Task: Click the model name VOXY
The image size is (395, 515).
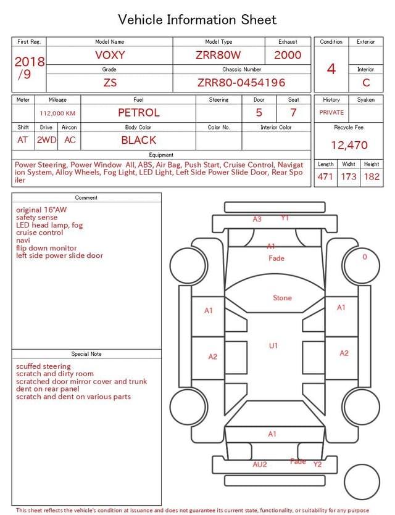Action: tap(110, 55)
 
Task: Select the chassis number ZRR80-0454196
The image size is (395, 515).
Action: tap(241, 83)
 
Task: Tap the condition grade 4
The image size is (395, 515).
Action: tap(331, 69)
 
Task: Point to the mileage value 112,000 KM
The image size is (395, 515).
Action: tap(57, 113)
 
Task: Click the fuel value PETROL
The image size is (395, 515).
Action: tap(139, 113)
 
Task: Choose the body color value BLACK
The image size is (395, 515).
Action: tap(139, 140)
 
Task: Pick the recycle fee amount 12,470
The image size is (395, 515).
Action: tap(349, 145)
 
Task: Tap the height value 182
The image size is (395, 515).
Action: tap(372, 176)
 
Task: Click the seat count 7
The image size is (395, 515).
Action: tap(293, 113)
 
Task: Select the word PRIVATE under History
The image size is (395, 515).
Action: tap(331, 112)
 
